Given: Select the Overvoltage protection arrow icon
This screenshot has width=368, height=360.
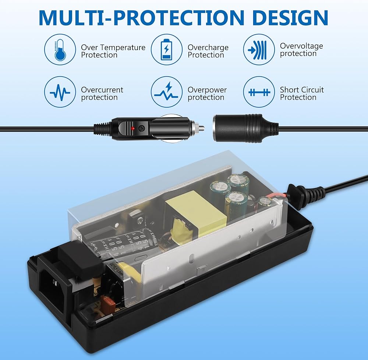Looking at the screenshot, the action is (259, 50).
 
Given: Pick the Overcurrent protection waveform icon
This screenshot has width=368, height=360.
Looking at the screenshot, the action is (60, 92).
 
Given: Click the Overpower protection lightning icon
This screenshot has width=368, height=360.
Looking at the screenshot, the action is (167, 92).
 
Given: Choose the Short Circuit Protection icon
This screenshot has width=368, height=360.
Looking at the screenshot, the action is (259, 92).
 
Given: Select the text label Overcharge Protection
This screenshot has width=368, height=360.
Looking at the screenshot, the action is (208, 51).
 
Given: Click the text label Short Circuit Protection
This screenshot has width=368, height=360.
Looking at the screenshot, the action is (302, 93).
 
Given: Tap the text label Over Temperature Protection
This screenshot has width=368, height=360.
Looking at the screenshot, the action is (113, 51).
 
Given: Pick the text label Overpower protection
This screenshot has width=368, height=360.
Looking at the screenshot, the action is (207, 94).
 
